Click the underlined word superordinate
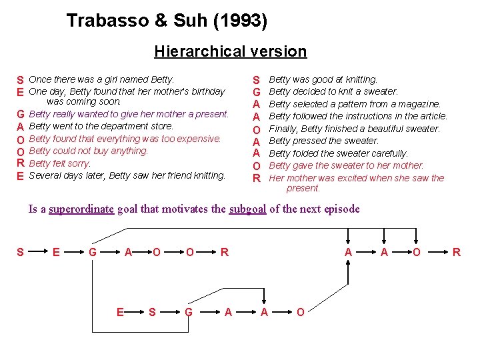(x=81, y=209)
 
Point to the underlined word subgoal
(x=247, y=209)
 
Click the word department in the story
(x=114, y=126)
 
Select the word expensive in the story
(x=198, y=139)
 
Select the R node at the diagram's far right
(x=457, y=252)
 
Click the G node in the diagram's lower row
(x=189, y=312)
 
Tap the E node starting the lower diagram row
(x=120, y=312)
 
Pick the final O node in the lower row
(x=300, y=312)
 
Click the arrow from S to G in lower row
(x=170, y=312)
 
